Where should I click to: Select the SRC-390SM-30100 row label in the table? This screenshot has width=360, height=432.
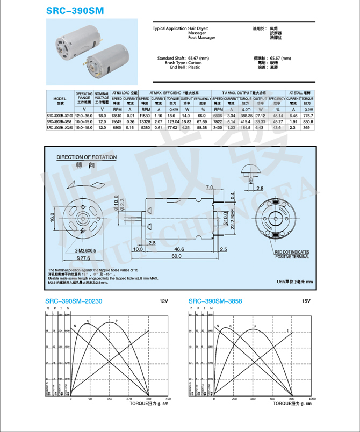point(60,116)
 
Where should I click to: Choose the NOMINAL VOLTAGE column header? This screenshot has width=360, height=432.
point(102,96)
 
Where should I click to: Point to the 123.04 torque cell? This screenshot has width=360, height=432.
point(172,122)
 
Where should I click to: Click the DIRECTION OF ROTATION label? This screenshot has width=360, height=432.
point(87,157)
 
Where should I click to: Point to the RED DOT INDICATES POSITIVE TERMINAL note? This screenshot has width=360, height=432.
point(292,254)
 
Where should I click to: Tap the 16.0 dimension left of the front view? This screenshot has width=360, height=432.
point(52,219)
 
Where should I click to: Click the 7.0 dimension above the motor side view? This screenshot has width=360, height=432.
point(210,186)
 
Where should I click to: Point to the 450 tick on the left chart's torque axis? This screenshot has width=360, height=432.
point(168,399)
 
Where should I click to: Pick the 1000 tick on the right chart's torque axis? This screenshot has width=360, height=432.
point(312,399)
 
